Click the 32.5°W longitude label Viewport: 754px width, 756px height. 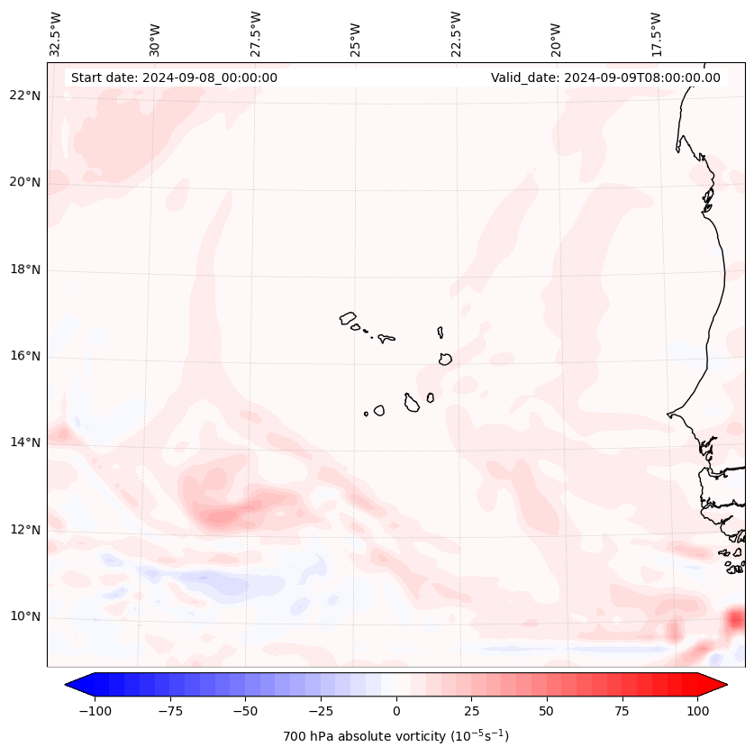coord(56,34)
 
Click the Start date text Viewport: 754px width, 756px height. coord(174,77)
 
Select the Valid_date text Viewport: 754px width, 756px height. coord(605,77)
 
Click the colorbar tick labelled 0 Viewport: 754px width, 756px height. coord(396,711)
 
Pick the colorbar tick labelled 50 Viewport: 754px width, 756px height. coord(547,711)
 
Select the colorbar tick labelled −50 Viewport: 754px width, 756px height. coord(245,711)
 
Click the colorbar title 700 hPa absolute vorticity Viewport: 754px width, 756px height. coord(395,736)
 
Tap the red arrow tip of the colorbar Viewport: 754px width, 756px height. coord(723,685)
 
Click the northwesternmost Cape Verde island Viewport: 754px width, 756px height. coord(348,318)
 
